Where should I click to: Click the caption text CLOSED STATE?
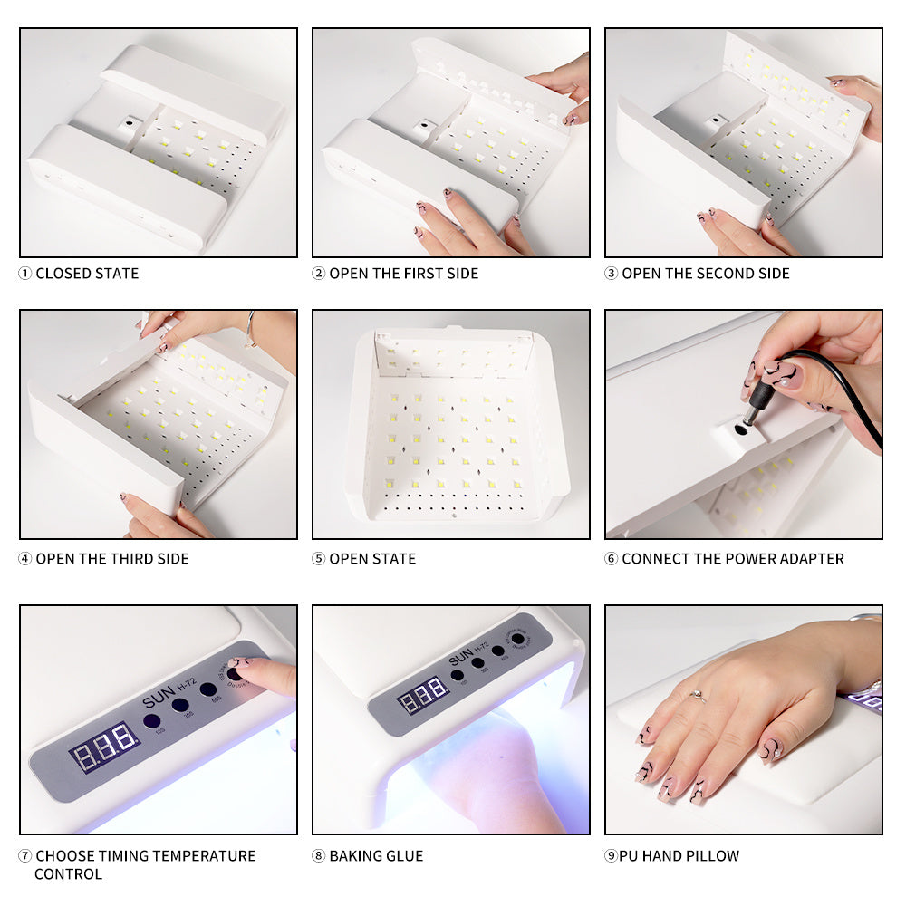[x=87, y=274]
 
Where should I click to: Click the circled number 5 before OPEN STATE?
[x=318, y=559]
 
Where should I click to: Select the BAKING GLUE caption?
[x=376, y=856]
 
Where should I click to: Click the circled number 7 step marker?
[x=25, y=856]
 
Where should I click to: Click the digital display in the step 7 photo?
[x=104, y=746]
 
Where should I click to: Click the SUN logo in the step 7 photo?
[x=158, y=701]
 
